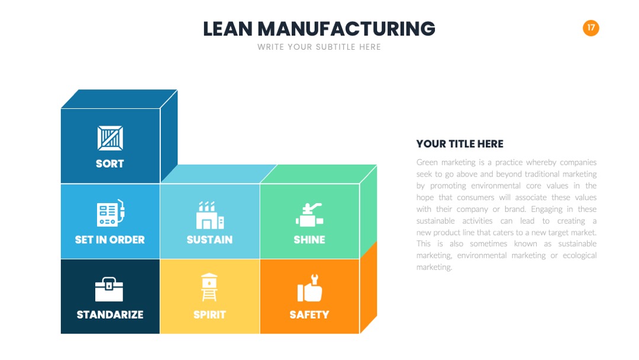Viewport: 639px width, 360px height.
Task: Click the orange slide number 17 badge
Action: coord(591,28)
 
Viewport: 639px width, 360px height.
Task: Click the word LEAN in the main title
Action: coord(228,29)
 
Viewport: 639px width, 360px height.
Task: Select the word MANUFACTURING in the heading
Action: coord(346,29)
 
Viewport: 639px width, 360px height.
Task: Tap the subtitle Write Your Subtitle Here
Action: coord(319,47)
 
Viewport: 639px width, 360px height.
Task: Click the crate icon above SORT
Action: coord(110,138)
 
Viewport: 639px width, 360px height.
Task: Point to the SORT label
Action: coord(110,163)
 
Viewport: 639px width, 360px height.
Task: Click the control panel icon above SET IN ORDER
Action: coord(111,213)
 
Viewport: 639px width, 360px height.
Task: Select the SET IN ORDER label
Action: coord(110,240)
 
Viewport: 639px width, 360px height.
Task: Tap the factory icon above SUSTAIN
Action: coord(210,215)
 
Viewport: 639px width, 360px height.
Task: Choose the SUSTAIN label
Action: coord(210,240)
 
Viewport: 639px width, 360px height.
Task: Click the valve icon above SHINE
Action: coord(309,215)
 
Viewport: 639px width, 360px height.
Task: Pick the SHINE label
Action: coord(309,240)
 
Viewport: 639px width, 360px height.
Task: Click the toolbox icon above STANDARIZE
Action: coord(109,290)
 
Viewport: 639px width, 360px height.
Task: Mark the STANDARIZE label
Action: coord(110,315)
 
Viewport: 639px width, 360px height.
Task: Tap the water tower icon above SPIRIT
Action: coord(209,287)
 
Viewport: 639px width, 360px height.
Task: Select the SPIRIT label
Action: coord(209,315)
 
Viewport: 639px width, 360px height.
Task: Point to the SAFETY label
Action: coord(309,315)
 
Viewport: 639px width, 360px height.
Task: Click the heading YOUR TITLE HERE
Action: coord(460,144)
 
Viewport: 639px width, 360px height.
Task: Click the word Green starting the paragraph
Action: coord(427,162)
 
